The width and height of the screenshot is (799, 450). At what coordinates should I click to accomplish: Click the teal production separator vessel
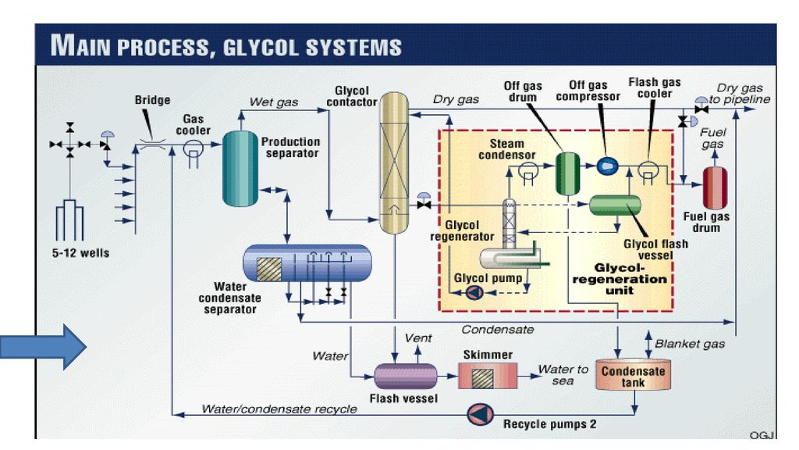[240, 169]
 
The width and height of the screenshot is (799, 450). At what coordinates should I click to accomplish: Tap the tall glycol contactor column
[394, 162]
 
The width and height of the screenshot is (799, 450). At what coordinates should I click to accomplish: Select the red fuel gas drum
[715, 187]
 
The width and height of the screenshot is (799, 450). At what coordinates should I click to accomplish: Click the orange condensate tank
[633, 376]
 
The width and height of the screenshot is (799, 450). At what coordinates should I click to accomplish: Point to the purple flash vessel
[406, 377]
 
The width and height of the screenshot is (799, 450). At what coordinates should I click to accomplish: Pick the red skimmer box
[488, 376]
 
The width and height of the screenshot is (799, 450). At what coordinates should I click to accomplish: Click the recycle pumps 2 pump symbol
[480, 414]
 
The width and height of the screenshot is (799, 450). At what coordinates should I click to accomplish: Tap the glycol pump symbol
[474, 292]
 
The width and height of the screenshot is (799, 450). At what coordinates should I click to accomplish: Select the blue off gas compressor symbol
[607, 166]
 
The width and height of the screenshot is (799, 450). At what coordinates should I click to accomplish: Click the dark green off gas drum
[567, 173]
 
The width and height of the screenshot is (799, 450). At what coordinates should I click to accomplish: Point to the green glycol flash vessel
[615, 205]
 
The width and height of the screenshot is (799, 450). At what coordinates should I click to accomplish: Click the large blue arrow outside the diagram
[43, 347]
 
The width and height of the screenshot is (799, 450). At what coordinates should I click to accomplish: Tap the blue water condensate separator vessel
[307, 262]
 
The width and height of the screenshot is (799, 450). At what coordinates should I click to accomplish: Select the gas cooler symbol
[194, 152]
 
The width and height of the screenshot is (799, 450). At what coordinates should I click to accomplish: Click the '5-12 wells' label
[80, 253]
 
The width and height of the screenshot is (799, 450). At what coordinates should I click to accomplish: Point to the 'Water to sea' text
[563, 374]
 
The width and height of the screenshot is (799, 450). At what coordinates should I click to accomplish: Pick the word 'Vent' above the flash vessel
[418, 337]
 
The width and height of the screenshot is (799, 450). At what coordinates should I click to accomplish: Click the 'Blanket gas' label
[690, 344]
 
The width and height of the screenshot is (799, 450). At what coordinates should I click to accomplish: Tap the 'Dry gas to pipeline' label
[740, 94]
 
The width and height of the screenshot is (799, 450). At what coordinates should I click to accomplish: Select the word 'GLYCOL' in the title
[261, 48]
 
